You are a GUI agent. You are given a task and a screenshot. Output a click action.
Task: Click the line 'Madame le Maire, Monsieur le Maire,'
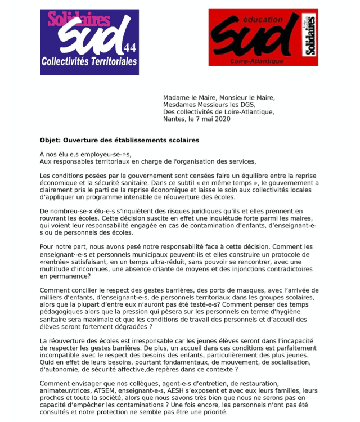coord(219,97)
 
